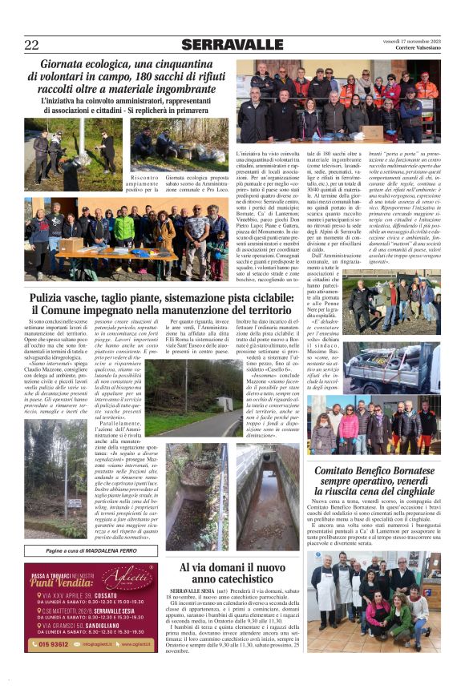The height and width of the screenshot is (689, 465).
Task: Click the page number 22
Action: [31, 45]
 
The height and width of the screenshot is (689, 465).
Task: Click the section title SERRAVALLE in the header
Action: [232, 45]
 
